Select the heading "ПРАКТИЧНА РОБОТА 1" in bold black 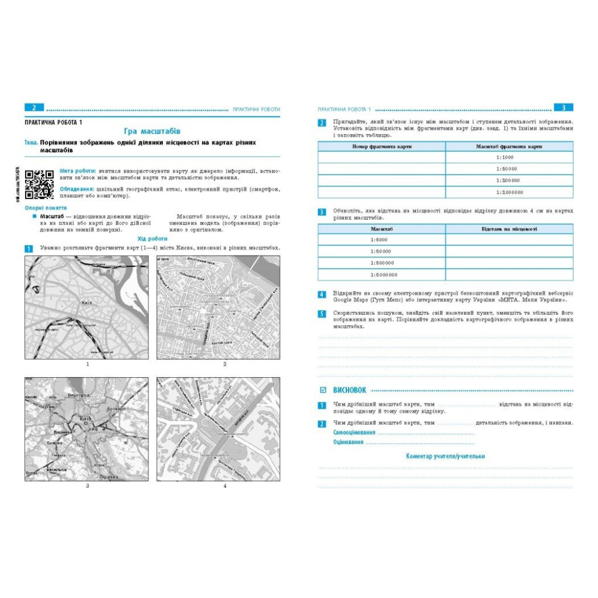[x=53, y=121]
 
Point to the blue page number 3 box [x=563, y=108]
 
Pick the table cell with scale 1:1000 [x=509, y=158]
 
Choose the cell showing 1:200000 [x=509, y=180]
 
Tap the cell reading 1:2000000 [x=509, y=192]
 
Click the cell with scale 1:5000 [x=381, y=240]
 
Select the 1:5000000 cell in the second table [x=382, y=274]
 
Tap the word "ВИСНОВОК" [x=350, y=390]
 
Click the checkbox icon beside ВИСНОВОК [x=323, y=390]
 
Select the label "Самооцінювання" [x=354, y=433]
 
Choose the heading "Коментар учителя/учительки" [x=445, y=456]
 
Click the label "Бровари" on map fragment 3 [x=118, y=409]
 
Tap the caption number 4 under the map [x=224, y=485]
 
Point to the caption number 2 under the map [x=224, y=364]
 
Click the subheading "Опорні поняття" [x=46, y=208]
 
